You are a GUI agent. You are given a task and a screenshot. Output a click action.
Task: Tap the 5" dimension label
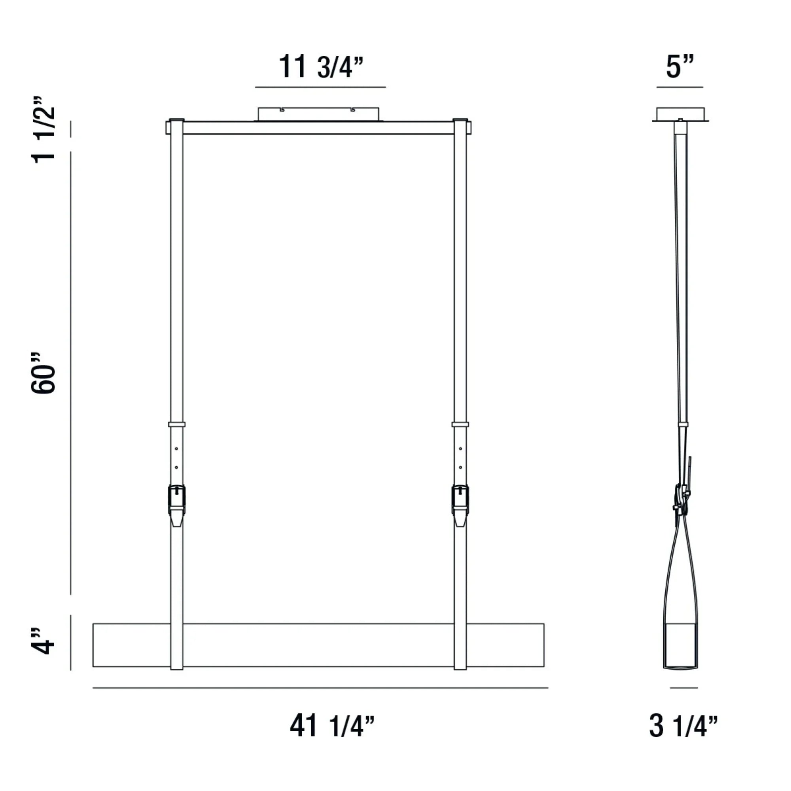coord(679,67)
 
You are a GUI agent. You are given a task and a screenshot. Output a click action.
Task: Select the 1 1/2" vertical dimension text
coord(44,130)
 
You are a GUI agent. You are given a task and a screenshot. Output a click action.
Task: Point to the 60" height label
coord(44,373)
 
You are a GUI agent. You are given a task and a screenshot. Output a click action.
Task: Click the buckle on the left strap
coord(176,500)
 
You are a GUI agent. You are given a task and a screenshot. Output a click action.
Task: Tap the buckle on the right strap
coord(460,500)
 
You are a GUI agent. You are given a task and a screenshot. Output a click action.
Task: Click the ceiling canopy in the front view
coord(318,114)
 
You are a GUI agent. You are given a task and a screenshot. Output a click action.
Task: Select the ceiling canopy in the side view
coord(680,114)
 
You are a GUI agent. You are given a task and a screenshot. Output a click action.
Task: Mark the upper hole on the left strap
coord(176,449)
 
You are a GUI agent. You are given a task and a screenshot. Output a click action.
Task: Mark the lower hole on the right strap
coord(461,467)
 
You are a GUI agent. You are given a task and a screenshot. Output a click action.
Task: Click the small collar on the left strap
coord(176,424)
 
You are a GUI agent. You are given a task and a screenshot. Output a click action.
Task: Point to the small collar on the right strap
coord(460,424)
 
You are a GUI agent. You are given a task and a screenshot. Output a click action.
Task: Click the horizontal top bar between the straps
coord(318,128)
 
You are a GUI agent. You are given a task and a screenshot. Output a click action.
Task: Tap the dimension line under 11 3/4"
coord(320,87)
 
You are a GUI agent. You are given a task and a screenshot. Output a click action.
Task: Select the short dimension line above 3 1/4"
coord(683,688)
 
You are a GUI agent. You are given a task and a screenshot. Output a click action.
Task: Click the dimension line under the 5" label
coord(679,87)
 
